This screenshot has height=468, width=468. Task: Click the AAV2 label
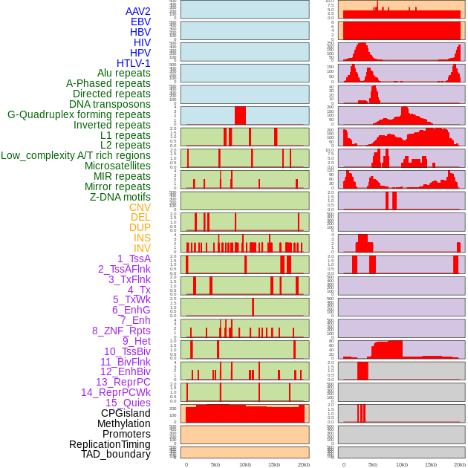coord(138,12)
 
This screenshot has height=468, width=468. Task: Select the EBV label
coord(140,22)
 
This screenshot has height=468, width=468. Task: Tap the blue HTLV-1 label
coord(134,63)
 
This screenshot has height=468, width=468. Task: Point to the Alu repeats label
coord(124,74)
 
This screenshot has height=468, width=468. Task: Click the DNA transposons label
coord(110,105)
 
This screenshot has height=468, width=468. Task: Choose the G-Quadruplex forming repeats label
coord(79,115)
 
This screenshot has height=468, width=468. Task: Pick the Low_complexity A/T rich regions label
coord(76,156)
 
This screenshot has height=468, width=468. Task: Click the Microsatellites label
coord(117,166)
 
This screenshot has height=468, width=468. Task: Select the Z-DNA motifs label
coord(120,197)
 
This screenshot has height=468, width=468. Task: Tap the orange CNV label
coord(140,207)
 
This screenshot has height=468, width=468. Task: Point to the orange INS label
coord(142,238)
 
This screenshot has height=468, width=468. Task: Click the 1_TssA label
coord(134,259)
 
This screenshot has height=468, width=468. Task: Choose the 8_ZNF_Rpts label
coord(121,331)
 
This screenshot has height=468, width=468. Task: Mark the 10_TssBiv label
coord(127,351)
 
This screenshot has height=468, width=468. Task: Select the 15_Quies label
coord(128,403)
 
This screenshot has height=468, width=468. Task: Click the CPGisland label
coord(126,413)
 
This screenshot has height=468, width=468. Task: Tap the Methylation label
coord(124,423)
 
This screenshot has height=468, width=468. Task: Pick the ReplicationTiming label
coord(110,444)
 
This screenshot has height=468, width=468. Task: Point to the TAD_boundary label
coord(116,454)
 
